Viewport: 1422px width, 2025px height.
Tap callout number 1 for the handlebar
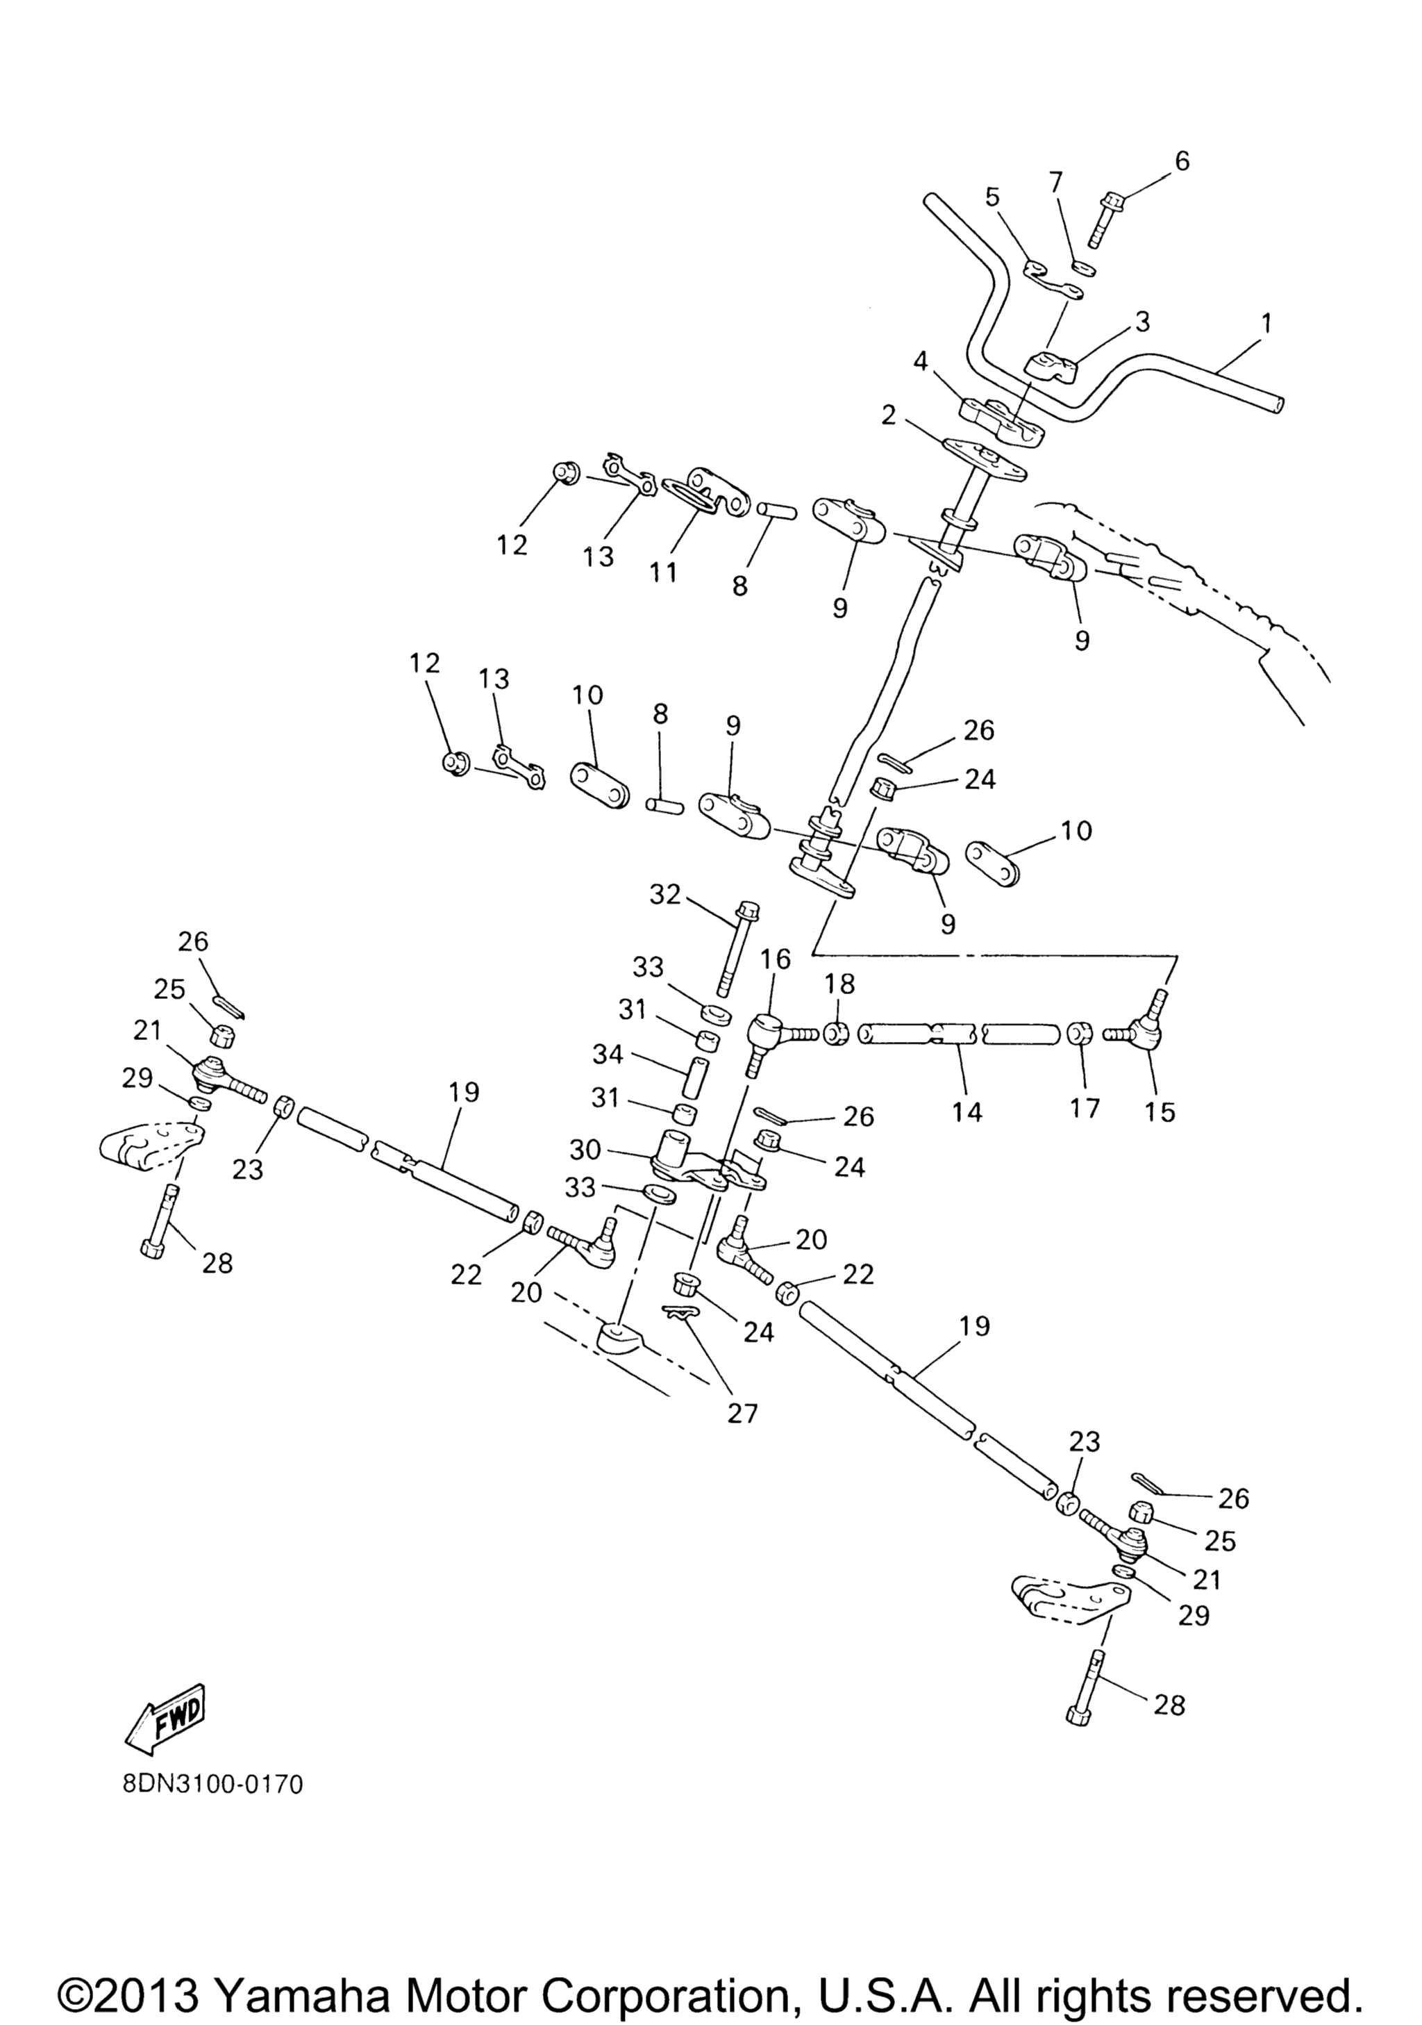(1267, 323)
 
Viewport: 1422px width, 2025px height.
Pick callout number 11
(663, 572)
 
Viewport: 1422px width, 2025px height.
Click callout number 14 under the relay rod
(967, 1111)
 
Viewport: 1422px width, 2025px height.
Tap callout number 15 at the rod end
(1160, 1112)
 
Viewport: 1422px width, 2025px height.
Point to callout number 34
(608, 1054)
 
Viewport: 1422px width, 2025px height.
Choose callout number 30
(585, 1150)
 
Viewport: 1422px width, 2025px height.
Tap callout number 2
(888, 415)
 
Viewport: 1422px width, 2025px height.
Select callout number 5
(993, 197)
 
